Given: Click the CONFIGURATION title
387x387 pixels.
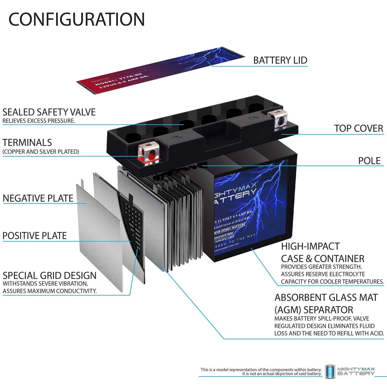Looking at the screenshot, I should click(x=77, y=19).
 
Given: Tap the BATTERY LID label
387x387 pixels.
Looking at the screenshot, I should click(x=280, y=60).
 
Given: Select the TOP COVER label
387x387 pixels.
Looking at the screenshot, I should click(x=359, y=128).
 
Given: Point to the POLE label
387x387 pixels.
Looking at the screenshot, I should click(x=369, y=161).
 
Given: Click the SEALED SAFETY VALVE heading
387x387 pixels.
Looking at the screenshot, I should click(x=49, y=112).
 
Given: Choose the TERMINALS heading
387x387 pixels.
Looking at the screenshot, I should click(x=27, y=143).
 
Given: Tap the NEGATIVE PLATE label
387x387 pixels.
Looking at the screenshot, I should click(x=38, y=198).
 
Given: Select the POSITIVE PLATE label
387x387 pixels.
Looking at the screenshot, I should click(x=35, y=236).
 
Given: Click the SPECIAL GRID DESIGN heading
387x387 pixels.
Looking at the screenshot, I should click(x=50, y=276).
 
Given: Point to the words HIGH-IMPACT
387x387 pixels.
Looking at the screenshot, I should click(x=310, y=246).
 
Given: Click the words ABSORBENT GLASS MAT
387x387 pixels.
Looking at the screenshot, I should click(x=326, y=298).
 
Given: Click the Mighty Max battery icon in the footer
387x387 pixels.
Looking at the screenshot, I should click(x=330, y=372).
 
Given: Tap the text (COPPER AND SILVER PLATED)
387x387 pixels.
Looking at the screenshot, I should click(x=41, y=152).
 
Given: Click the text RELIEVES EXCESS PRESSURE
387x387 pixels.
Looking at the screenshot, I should click(x=39, y=121).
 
